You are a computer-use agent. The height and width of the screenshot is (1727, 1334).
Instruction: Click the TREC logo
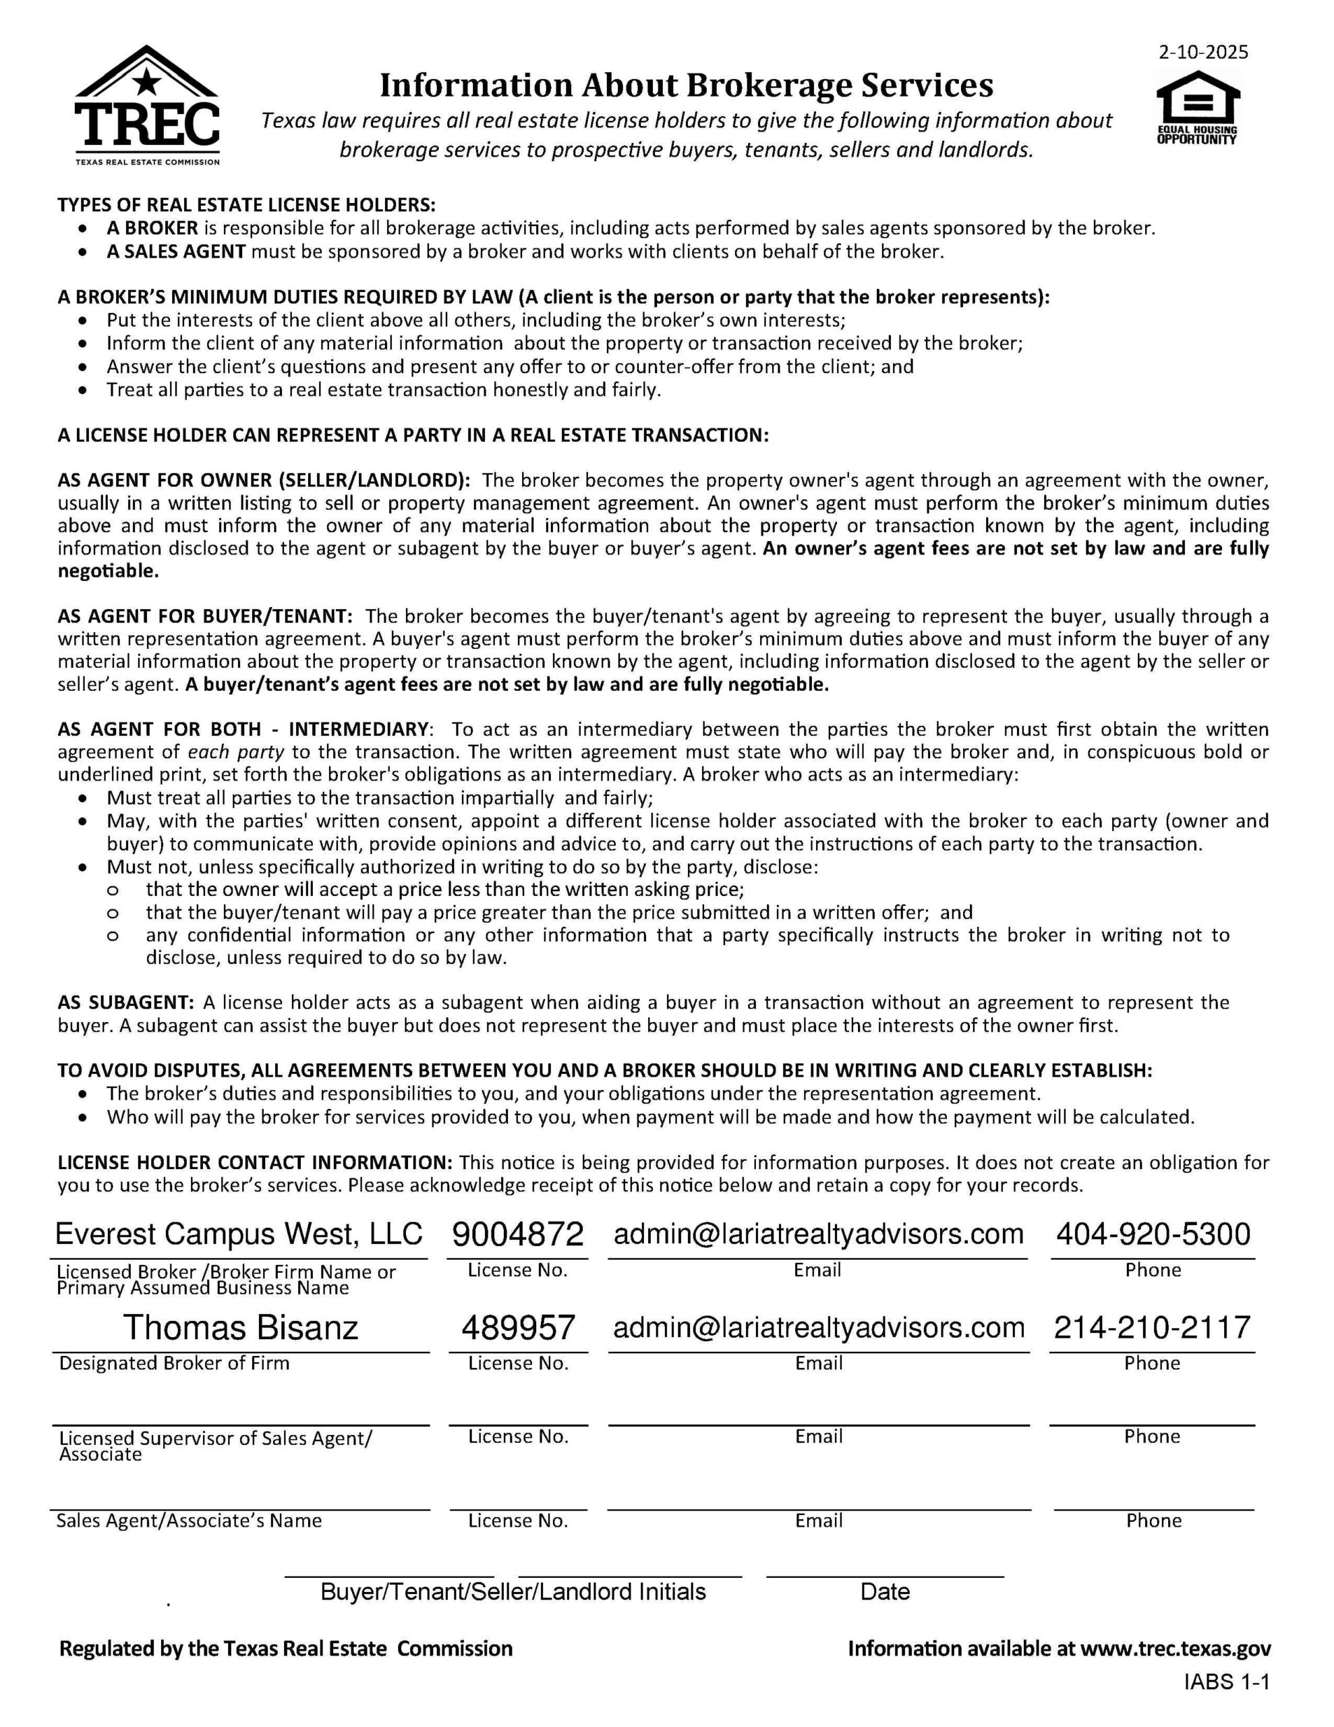pos(147,105)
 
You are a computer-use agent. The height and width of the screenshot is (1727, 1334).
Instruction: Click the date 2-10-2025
pos(1202,52)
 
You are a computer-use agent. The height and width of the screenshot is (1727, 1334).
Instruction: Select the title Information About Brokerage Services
pos(686,86)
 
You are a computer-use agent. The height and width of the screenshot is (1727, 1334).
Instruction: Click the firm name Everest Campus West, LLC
pos(239,1235)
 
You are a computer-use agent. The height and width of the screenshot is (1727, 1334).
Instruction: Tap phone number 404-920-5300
pos(1153,1235)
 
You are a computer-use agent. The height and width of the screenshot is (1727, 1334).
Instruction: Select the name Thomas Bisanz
pos(240,1328)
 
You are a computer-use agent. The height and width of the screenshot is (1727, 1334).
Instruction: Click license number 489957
pos(518,1328)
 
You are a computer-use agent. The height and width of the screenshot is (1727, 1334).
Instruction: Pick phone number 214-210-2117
pos(1151,1328)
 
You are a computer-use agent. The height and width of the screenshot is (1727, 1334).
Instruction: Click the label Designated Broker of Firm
pos(174,1363)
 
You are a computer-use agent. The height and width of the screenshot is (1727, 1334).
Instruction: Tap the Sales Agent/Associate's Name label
pos(189,1521)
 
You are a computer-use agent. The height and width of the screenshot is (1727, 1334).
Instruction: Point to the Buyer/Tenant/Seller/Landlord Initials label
pos(513,1592)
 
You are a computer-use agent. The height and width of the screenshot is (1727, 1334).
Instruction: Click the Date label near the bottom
pos(885,1592)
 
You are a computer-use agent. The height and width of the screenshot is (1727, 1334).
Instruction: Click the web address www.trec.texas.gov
pos(1175,1649)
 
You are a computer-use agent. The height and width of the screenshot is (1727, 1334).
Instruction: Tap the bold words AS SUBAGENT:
pos(125,1002)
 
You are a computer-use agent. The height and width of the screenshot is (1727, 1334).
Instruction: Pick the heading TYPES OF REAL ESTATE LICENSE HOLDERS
pos(246,205)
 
